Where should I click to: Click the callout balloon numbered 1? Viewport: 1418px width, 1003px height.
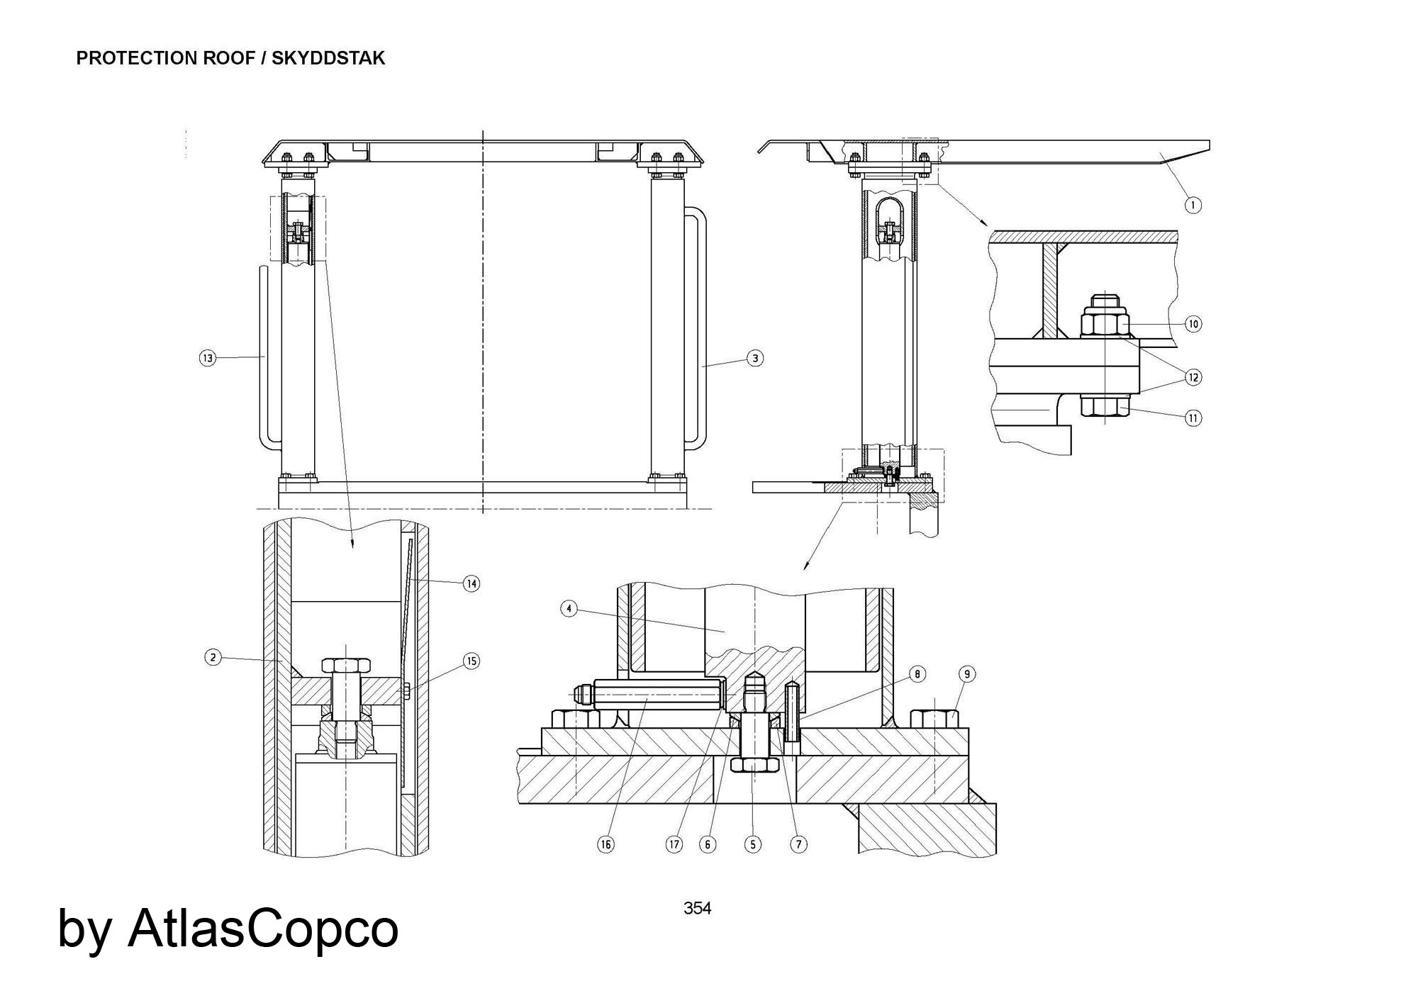point(1193,205)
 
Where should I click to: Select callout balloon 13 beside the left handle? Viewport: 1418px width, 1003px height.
point(207,358)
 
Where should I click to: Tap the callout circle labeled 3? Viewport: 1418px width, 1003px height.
point(755,358)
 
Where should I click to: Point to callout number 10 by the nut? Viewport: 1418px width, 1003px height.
point(1193,324)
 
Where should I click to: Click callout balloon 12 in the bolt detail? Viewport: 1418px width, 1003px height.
point(1193,377)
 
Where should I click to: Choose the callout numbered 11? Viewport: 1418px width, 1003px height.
point(1193,418)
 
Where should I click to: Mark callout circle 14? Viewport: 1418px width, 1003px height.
point(471,583)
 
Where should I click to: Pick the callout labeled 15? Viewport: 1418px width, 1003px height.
point(471,661)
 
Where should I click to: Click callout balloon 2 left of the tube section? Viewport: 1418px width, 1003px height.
point(213,657)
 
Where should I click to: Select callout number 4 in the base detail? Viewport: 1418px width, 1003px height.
point(569,608)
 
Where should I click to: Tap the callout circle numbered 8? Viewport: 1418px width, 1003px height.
point(917,673)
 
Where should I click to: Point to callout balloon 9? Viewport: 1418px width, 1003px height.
point(967,673)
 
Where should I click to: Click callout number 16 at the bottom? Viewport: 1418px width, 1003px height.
point(605,844)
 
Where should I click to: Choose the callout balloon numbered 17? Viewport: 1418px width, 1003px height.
point(674,844)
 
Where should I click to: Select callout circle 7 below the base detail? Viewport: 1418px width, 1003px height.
point(798,844)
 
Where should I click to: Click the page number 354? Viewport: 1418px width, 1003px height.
point(697,908)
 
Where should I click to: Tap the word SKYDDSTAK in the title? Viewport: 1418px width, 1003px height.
point(328,58)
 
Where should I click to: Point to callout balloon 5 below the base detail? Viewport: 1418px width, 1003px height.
point(752,844)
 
